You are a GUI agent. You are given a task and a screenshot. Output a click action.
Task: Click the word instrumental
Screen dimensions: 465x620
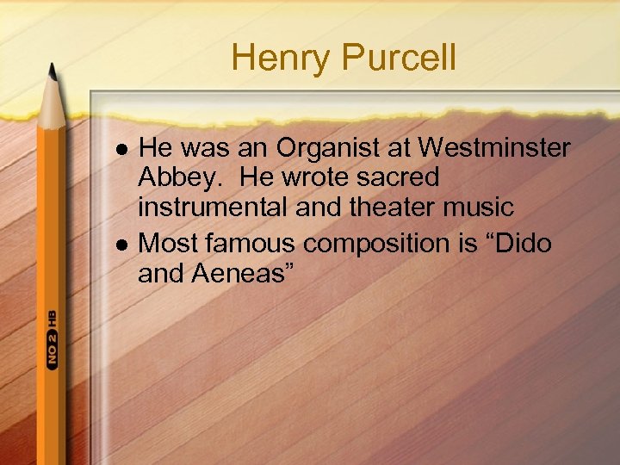(x=216, y=208)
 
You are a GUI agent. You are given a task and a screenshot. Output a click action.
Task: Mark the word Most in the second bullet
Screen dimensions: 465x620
(x=169, y=244)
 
